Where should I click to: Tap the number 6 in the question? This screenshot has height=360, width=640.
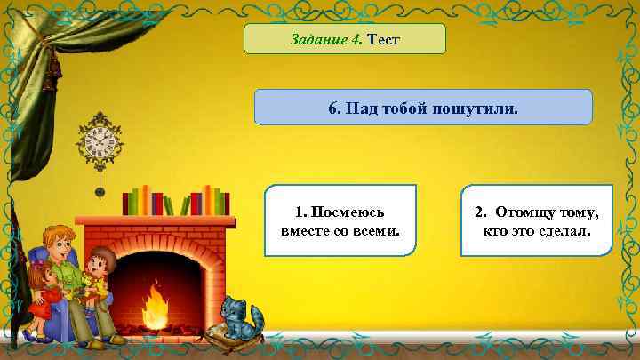tap(332, 108)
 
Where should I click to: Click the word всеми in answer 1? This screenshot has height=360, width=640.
tap(377, 231)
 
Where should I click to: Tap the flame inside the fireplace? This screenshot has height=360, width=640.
tap(156, 304)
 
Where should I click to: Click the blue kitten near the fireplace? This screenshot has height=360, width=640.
tap(238, 318)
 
